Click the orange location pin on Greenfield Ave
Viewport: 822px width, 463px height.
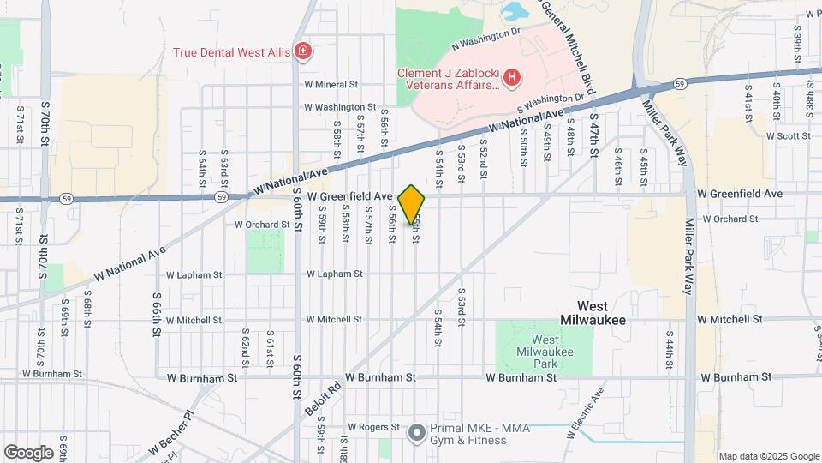tap(412, 205)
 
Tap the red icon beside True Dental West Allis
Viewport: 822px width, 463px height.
tap(301, 52)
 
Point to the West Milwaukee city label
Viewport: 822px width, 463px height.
tap(593, 312)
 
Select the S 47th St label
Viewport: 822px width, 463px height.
tap(593, 138)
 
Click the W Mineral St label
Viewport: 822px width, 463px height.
tap(331, 85)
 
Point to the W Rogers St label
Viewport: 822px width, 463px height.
tap(372, 426)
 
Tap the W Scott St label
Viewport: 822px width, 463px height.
tap(789, 135)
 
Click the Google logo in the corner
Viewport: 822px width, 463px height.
tap(28, 452)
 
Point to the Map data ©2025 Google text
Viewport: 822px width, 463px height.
tap(768, 456)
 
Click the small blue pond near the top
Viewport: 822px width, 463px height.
tap(517, 11)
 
